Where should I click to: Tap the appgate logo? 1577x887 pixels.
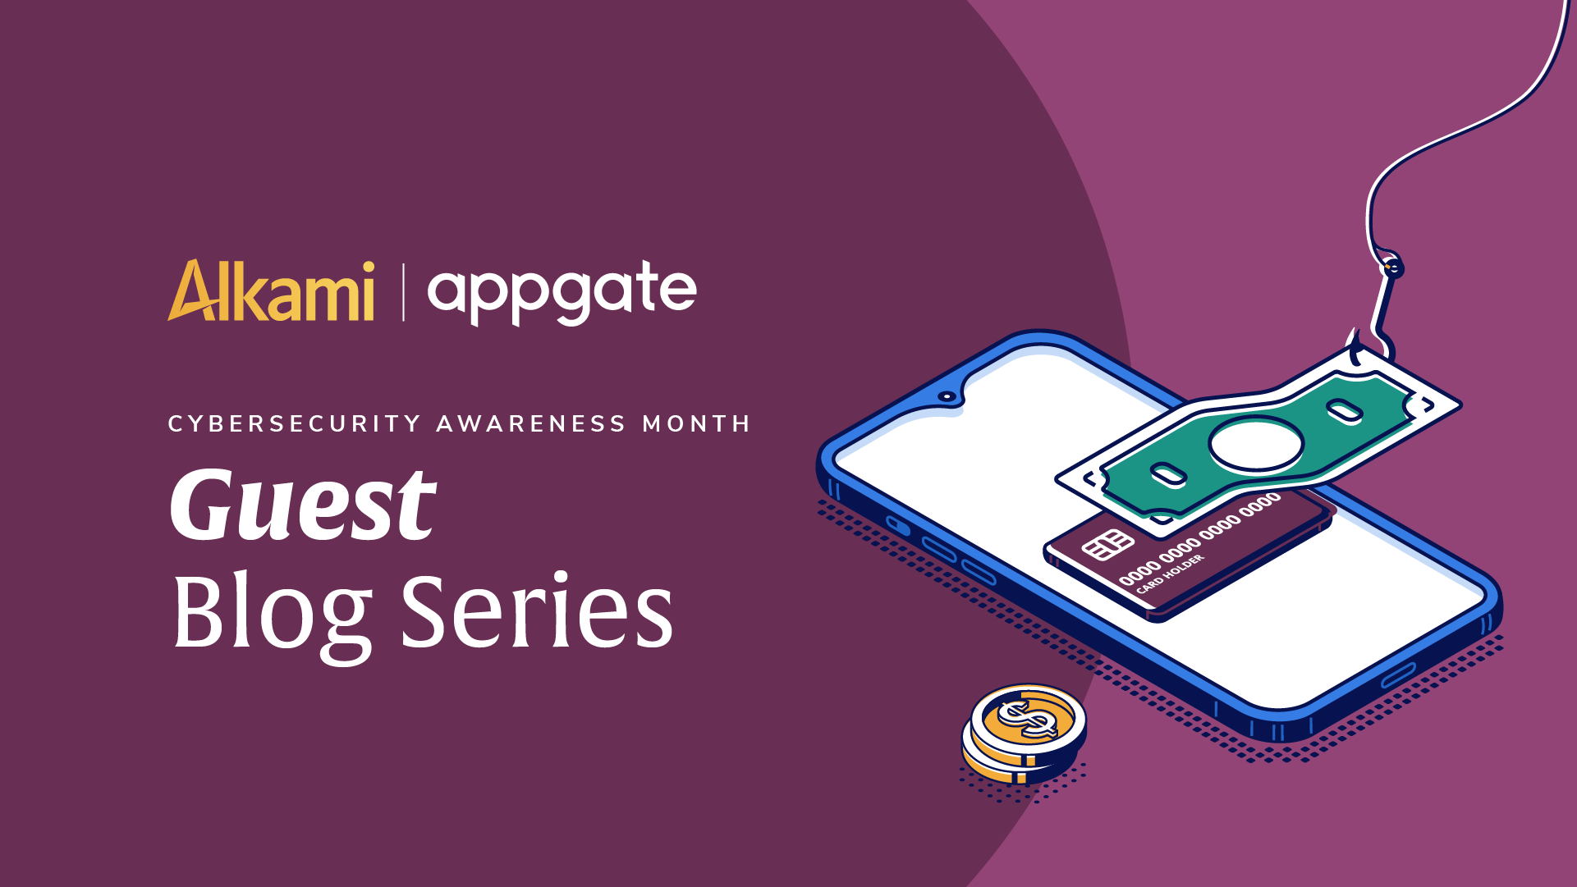(562, 293)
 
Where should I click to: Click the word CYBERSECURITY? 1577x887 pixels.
(295, 423)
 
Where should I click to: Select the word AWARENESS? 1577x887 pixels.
(531, 423)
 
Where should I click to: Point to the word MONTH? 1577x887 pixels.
(696, 423)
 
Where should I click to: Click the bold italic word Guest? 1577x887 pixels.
(303, 504)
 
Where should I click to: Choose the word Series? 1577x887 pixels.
(538, 610)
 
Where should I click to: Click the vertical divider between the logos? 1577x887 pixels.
(403, 292)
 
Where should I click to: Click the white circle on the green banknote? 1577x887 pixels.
(1255, 444)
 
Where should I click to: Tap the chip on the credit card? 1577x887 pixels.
(1107, 545)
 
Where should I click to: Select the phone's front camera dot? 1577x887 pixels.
(947, 396)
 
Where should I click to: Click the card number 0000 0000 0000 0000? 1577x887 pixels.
(1199, 539)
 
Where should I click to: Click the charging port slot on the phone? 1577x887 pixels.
(1397, 675)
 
